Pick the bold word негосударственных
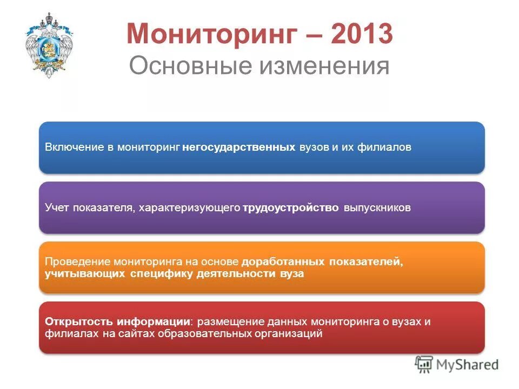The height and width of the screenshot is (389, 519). point(238,147)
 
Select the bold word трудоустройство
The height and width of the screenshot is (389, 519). point(291,207)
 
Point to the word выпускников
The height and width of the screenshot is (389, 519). point(377,207)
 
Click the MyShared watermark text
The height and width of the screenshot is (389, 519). point(468,365)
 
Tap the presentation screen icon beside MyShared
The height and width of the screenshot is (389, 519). point(424,365)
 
